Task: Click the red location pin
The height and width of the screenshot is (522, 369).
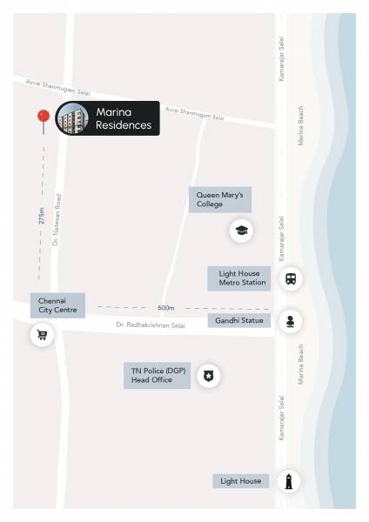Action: click(x=41, y=118)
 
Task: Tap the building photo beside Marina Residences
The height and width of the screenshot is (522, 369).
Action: click(x=73, y=118)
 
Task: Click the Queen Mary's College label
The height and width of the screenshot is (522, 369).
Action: click(x=220, y=199)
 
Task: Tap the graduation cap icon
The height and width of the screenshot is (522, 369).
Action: click(x=241, y=231)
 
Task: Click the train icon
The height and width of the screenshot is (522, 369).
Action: click(x=290, y=279)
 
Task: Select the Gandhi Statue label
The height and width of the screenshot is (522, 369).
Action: click(x=239, y=321)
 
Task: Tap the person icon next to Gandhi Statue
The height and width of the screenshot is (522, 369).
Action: click(x=290, y=321)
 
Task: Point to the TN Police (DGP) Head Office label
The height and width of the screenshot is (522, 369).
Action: click(x=157, y=376)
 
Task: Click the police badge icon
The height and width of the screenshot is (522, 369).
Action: click(x=208, y=376)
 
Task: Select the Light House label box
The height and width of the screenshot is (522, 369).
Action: click(x=241, y=481)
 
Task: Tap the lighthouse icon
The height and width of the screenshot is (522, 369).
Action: click(x=290, y=481)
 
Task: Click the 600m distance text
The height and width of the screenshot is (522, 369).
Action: click(x=166, y=308)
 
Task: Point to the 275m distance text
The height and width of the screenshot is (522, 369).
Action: click(x=41, y=216)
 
